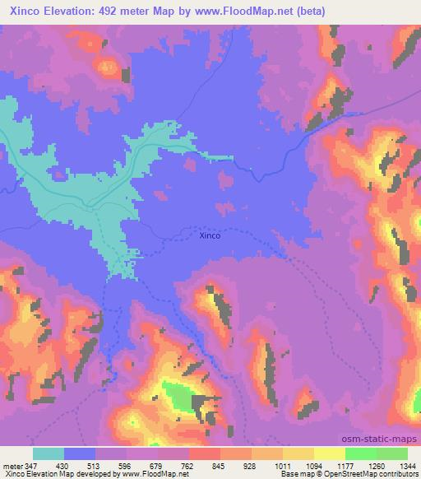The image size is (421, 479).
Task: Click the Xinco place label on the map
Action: click(x=210, y=236)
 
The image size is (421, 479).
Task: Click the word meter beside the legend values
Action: click(x=12, y=463)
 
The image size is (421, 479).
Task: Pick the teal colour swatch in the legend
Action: click(x=49, y=453)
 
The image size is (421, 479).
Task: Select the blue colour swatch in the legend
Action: click(x=80, y=453)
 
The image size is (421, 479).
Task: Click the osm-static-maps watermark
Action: click(x=386, y=439)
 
